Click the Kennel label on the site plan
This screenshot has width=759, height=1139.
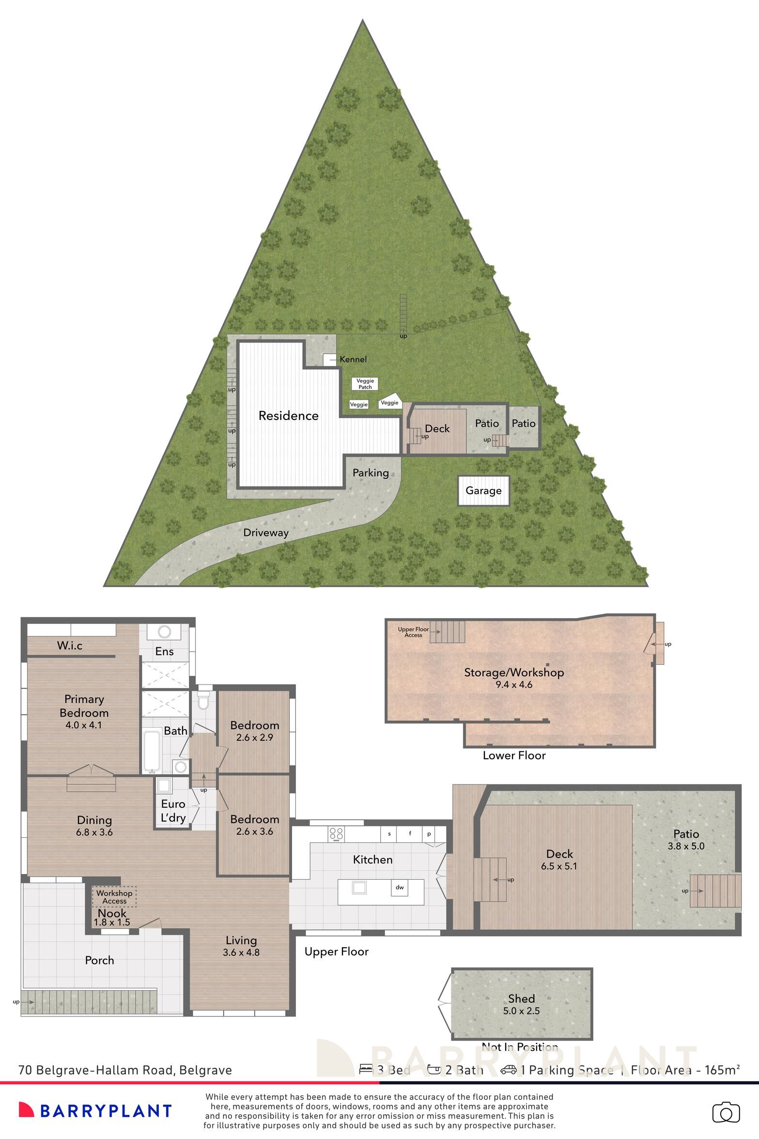point(353,359)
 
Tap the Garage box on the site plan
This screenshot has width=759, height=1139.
point(483,491)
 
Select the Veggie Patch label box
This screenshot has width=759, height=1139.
point(365,384)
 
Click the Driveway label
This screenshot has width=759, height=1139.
point(266,532)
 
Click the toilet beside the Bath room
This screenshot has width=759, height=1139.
point(204,701)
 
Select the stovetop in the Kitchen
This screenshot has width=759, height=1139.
point(336,833)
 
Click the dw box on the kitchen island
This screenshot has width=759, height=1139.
point(400,888)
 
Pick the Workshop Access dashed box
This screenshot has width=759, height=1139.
point(114,897)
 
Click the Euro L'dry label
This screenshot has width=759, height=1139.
point(173,811)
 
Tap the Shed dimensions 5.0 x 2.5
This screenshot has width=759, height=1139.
point(521,1011)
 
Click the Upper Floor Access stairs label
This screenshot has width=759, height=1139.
point(413,632)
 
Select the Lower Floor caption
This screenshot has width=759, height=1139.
point(514,755)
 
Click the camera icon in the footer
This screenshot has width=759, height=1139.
point(726,1112)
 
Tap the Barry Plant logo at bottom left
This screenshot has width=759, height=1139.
point(95,1110)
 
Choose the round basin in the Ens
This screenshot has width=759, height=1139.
point(165,632)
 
